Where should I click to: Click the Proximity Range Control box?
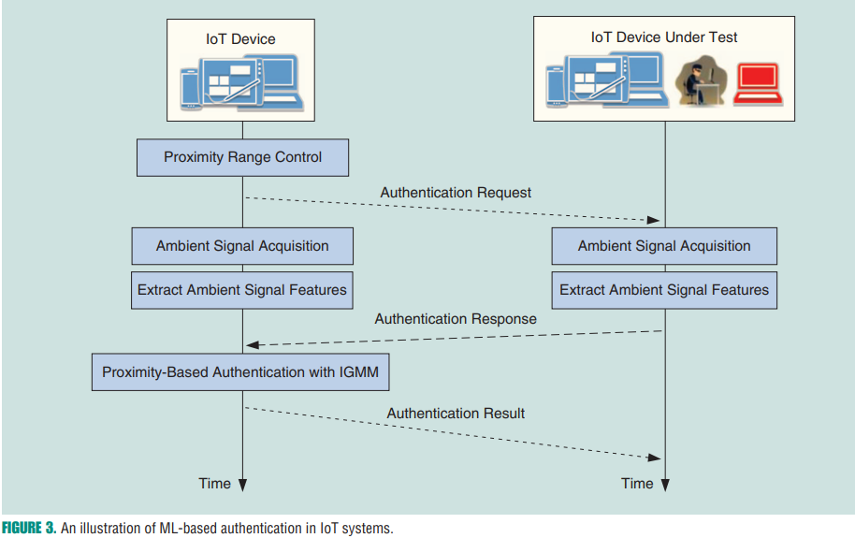point(242,157)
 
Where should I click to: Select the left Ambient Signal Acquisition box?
point(242,246)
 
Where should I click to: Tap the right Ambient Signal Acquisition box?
point(664,246)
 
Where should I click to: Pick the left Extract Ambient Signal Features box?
point(242,290)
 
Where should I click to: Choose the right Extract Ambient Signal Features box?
point(664,290)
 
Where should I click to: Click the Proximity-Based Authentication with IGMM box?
point(240,371)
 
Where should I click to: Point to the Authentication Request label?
point(456,193)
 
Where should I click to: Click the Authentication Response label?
point(456,319)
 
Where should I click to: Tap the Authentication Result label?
point(456,413)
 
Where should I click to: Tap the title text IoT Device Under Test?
point(664,37)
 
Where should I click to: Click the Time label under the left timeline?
point(214,484)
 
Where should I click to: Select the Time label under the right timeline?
point(637,484)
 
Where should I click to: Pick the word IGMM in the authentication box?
point(362,371)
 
